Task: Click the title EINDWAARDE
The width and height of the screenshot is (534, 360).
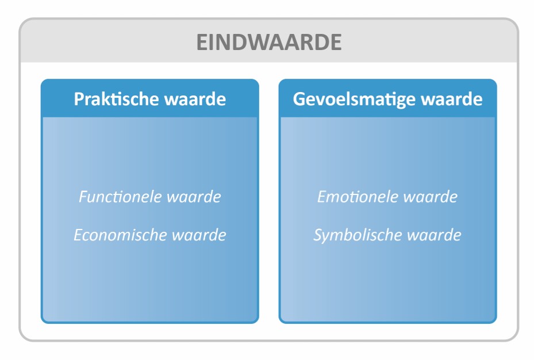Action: pyautogui.click(x=269, y=42)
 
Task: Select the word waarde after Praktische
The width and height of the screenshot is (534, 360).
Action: pyautogui.click(x=195, y=99)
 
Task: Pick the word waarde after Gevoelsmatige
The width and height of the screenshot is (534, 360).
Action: pyautogui.click(x=452, y=99)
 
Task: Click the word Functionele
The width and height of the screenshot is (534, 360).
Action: pyautogui.click(x=120, y=197)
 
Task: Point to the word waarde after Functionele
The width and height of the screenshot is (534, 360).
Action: pyautogui.click(x=194, y=197)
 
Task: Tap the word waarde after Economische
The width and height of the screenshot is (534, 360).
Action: pyautogui.click(x=199, y=235)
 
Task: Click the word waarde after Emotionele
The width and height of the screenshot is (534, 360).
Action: pyautogui.click(x=431, y=197)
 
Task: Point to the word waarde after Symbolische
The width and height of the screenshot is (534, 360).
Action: pyautogui.click(x=434, y=235)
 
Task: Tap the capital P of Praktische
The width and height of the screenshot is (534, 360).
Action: pyautogui.click(x=79, y=99)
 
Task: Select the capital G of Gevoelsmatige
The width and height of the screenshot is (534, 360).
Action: pyautogui.click(x=299, y=99)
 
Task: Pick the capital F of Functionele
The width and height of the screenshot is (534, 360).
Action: pyautogui.click(x=83, y=197)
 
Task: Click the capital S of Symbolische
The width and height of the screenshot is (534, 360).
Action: pyautogui.click(x=318, y=235)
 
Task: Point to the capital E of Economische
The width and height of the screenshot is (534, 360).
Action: pyautogui.click(x=79, y=235)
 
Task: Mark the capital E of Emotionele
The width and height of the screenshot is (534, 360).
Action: pyautogui.click(x=322, y=197)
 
